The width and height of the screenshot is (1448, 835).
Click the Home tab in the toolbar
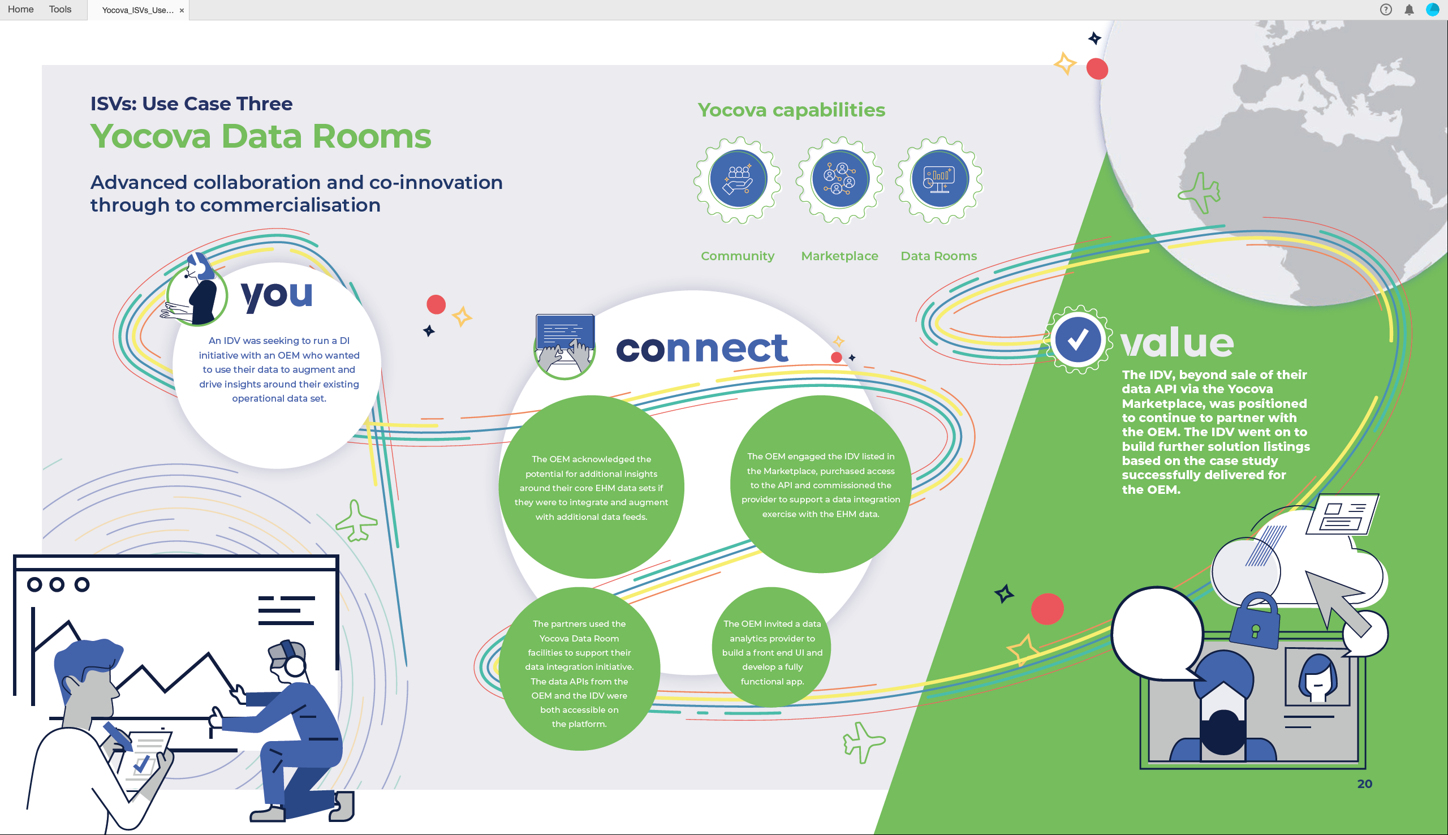[x=20, y=9]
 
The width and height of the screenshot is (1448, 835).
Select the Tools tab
[x=60, y=9]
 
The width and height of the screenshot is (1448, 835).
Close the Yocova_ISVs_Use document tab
[x=182, y=10]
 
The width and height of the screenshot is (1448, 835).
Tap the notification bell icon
[x=1409, y=10]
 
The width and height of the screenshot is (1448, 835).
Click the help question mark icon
[x=1386, y=10]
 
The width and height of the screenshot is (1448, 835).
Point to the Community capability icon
[x=738, y=179]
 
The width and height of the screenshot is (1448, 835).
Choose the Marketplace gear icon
[x=840, y=179]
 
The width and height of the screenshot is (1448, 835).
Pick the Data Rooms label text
[x=938, y=256]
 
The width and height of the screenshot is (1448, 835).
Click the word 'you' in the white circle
[x=277, y=296]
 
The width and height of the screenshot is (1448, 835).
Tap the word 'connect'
[x=702, y=348]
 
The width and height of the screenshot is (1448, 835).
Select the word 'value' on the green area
[x=1177, y=342]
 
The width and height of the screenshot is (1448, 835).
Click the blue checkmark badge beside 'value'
[x=1078, y=339]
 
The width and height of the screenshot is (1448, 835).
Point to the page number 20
[x=1364, y=784]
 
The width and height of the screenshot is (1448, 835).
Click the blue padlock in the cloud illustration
[x=1254, y=622]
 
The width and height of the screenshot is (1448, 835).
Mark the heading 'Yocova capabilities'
[x=791, y=110]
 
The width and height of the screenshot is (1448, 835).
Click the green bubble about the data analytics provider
[x=772, y=648]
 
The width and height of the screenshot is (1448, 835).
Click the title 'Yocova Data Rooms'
[x=261, y=136]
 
